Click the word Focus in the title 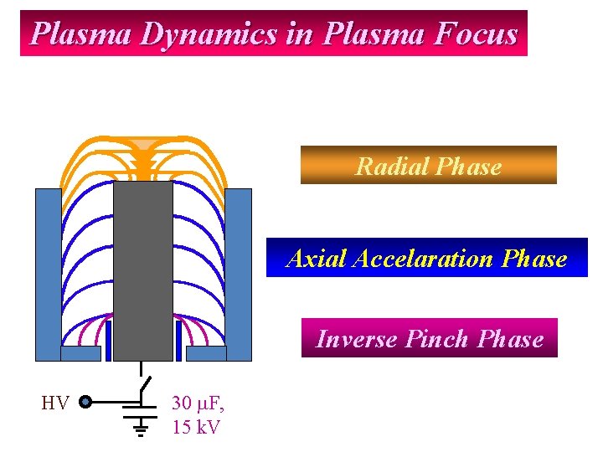coord(477,34)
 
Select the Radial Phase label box coord(428,166)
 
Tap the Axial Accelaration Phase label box coord(426,258)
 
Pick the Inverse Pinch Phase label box coord(429,338)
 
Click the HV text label coord(54,403)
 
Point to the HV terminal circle coord(85,403)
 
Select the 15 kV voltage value coord(195,427)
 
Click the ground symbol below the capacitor coord(141,429)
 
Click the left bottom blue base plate coord(81,353)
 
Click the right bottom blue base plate coord(206,353)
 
